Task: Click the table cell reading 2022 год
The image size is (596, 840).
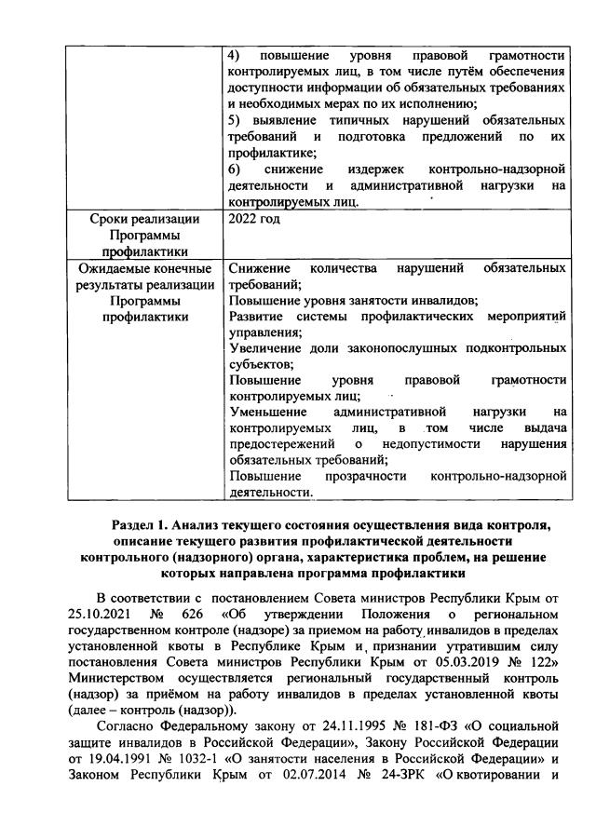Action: pos(254,219)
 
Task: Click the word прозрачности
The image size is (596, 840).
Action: pos(366,476)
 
